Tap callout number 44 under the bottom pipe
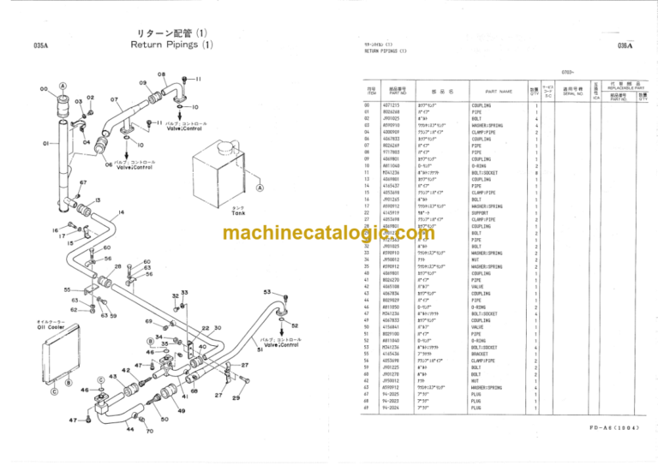pyautogui.click(x=130, y=428)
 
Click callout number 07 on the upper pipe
pyautogui.click(x=113, y=98)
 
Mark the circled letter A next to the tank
pyautogui.click(x=260, y=188)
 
